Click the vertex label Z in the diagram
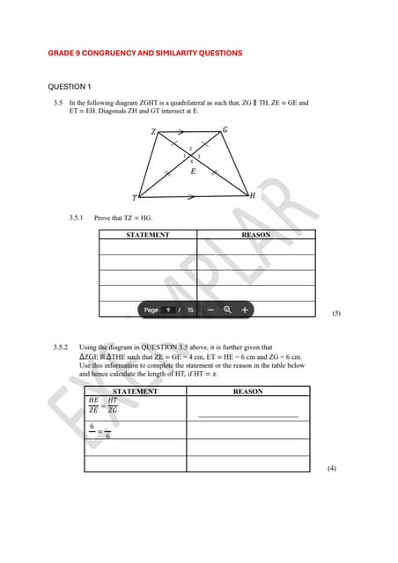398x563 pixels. [x=153, y=132]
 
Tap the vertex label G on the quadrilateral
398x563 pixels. [x=225, y=130]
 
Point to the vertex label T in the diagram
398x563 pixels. [x=135, y=197]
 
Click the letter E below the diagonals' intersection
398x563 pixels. [x=193, y=172]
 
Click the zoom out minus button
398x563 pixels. [x=211, y=310]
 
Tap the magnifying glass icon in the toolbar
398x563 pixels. [x=228, y=310]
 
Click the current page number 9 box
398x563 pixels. [x=171, y=310]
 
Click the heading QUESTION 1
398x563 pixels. [x=69, y=87]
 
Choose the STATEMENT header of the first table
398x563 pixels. [x=148, y=236]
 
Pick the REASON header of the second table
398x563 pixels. [x=247, y=391]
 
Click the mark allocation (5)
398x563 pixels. [x=335, y=312]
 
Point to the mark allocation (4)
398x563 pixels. [x=331, y=468]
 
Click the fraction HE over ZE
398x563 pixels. [x=94, y=406]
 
